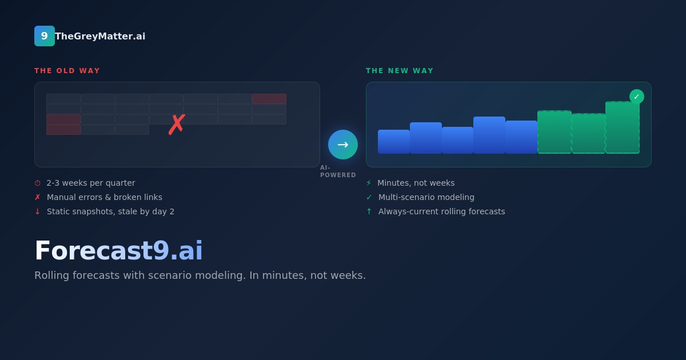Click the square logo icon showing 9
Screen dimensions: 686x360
coord(45,36)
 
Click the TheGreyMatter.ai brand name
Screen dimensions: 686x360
coord(100,36)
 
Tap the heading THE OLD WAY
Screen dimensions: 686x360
coord(67,71)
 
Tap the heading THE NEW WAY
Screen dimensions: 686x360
coord(400,71)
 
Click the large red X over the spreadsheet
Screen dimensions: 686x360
coord(177,125)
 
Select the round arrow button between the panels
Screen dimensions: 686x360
coord(343,145)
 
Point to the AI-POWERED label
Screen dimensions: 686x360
coord(338,171)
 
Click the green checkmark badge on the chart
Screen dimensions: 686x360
coord(637,97)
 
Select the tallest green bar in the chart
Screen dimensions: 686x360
coord(623,127)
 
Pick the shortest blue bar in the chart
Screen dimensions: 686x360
coord(394,142)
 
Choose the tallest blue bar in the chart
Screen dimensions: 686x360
coord(489,135)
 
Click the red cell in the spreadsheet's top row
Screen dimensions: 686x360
coord(269,99)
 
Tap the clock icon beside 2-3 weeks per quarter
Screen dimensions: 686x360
coord(37,183)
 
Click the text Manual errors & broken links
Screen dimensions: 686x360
coord(105,197)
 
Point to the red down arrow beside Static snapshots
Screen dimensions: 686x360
coord(37,211)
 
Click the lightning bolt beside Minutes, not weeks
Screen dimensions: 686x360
coord(369,183)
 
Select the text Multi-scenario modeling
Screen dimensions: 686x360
coord(426,197)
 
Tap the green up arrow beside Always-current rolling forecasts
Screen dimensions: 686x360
coord(369,211)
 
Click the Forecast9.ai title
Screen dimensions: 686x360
coord(118,250)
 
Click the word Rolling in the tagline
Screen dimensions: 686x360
coord(51,275)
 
